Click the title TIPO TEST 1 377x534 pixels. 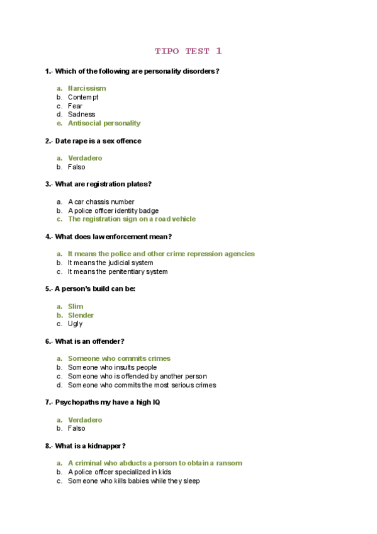click(188, 51)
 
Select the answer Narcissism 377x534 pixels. click(87, 88)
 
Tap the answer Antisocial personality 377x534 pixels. click(104, 123)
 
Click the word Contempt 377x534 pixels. click(83, 97)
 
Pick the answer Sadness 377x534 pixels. click(82, 115)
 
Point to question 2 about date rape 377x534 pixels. click(93, 141)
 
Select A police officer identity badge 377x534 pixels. click(113, 210)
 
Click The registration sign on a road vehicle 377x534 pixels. click(132, 219)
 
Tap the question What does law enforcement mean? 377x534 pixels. click(108, 237)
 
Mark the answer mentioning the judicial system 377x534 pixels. click(110, 263)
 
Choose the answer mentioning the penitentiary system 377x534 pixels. click(118, 271)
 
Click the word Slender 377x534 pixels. click(81, 315)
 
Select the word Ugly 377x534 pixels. click(75, 324)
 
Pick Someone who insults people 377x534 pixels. click(112, 367)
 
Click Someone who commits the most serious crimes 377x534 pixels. click(142, 385)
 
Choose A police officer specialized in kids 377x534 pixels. click(120, 472)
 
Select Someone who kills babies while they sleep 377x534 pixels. click(134, 480)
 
